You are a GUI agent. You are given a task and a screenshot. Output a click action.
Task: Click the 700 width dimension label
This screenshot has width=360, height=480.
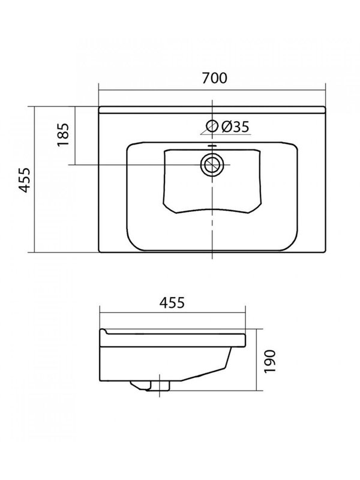pyautogui.click(x=214, y=78)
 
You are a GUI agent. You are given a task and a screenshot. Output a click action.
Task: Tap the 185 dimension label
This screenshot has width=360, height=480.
pyautogui.click(x=64, y=135)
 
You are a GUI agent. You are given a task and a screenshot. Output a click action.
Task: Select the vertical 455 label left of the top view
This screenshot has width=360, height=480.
pyautogui.click(x=23, y=179)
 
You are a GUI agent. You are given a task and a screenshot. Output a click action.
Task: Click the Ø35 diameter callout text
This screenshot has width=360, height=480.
pyautogui.click(x=235, y=127)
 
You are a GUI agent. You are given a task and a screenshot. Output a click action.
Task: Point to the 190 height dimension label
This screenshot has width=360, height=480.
pyautogui.click(x=270, y=361)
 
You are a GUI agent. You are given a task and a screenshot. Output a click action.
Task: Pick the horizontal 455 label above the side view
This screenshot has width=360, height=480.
pyautogui.click(x=172, y=303)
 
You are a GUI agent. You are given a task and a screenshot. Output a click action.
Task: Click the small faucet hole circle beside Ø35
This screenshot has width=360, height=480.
pyautogui.click(x=212, y=126)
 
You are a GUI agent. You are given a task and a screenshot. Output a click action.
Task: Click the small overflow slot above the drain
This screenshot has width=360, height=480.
pyautogui.click(x=212, y=146)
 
